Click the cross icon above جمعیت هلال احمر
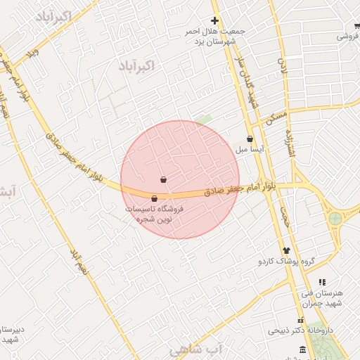coord(215,20)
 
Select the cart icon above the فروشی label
coord(357,27)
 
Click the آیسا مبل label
coord(250,150)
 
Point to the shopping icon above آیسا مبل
coord(250,139)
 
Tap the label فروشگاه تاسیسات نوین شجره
coord(154,214)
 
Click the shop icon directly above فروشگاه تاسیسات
coord(155,199)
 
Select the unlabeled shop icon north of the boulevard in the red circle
coord(164,180)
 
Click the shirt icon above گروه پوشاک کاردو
coord(285,250)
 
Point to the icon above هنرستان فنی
coord(322,282)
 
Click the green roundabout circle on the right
coord(335,218)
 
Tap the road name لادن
coord(283,66)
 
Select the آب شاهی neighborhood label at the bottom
coord(196,349)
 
